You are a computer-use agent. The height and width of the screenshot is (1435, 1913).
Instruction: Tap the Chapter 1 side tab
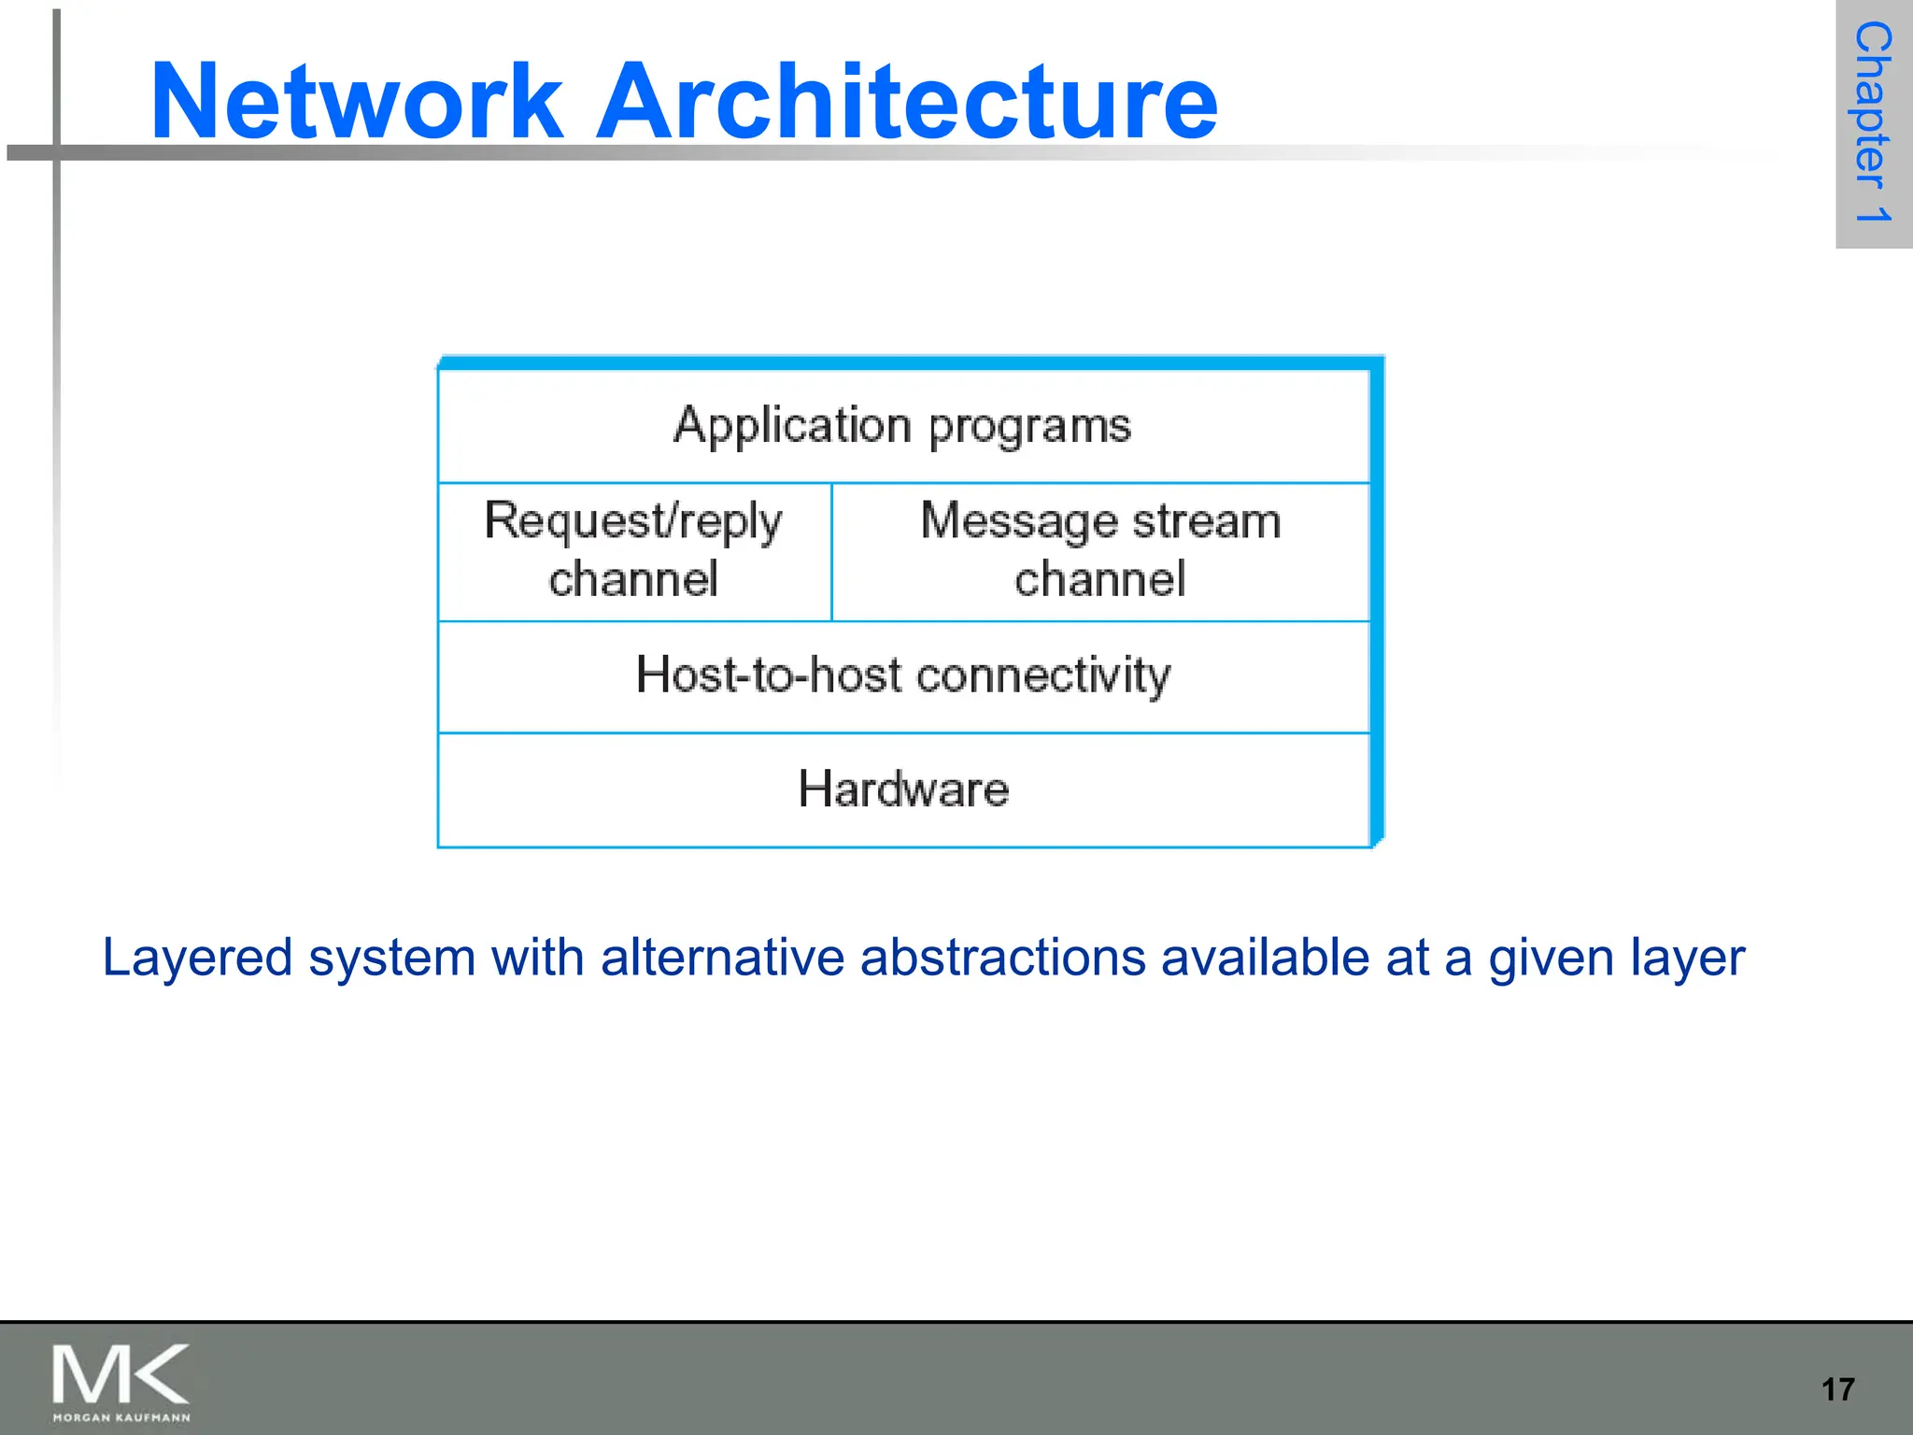1873,123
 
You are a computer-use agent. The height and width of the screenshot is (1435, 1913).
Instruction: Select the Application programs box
902,426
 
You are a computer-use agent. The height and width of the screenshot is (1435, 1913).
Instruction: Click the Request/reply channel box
633,551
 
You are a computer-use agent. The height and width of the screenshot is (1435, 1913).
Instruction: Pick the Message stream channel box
1100,551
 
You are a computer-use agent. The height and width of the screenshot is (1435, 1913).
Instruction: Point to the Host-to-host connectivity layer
902,675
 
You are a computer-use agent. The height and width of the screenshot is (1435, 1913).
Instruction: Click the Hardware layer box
902,789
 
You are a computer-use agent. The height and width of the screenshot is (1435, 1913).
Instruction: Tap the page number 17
1837,1389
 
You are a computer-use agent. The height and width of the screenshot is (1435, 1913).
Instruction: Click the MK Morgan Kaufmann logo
120,1382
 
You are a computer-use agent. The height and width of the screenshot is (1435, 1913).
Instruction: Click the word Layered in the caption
197,959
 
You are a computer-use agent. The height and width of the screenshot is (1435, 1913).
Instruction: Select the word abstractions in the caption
1002,959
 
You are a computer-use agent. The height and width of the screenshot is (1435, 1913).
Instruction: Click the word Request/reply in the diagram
633,521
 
